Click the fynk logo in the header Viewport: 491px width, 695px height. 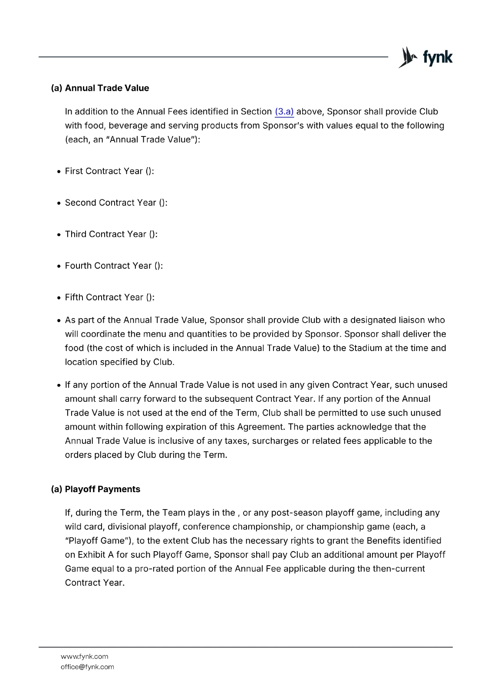point(425,57)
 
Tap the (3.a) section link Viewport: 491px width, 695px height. point(284,112)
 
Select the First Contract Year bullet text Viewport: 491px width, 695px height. point(109,171)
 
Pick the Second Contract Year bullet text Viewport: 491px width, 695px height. point(116,203)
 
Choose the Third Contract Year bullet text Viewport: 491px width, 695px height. point(111,234)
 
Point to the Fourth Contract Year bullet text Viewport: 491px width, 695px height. point(114,266)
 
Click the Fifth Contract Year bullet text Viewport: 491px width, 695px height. point(109,298)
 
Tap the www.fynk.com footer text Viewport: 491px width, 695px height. point(85,656)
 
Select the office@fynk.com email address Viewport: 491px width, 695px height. point(87,667)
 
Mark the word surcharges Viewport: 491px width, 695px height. point(274,441)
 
